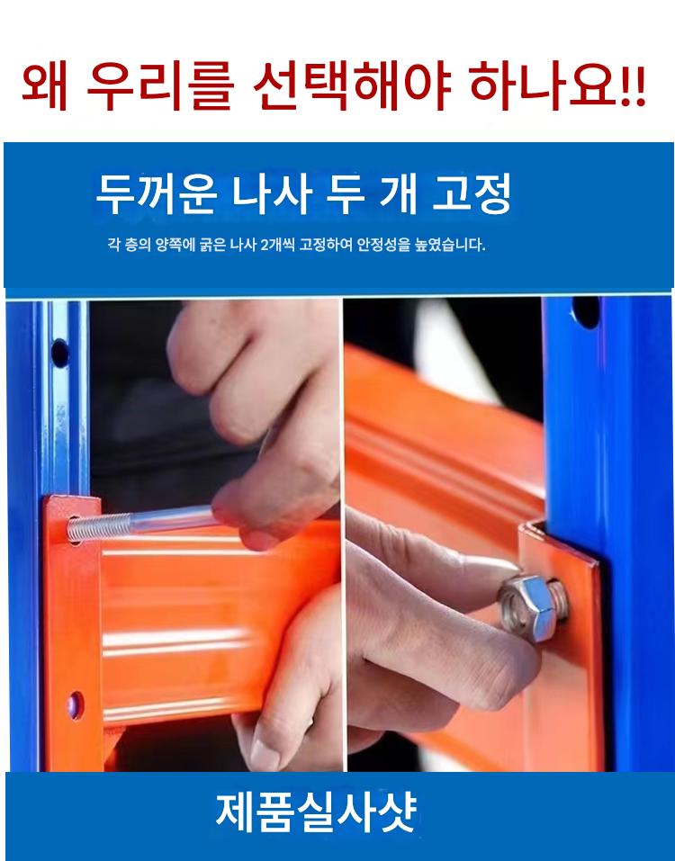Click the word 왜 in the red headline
(x=44, y=87)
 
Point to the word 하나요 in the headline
(x=544, y=87)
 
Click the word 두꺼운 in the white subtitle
(x=156, y=194)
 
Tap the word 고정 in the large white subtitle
(x=472, y=194)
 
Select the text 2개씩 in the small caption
(x=277, y=245)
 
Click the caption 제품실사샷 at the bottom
(x=316, y=812)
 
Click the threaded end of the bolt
(x=99, y=527)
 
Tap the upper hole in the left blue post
(x=59, y=353)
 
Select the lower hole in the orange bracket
(x=76, y=705)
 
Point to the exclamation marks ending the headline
(x=634, y=88)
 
